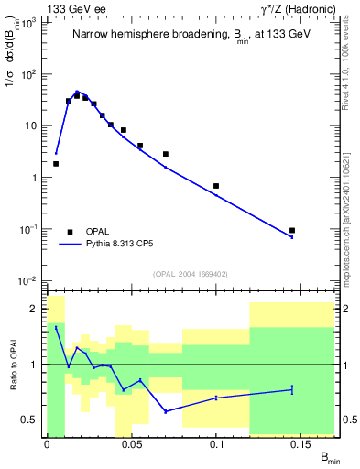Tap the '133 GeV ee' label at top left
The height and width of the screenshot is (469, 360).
[75, 8]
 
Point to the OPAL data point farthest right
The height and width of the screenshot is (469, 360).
[292, 231]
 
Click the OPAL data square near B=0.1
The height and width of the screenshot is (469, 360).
[216, 186]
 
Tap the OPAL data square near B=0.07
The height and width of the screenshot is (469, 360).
[166, 154]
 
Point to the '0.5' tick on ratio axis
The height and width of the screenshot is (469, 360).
[34, 420]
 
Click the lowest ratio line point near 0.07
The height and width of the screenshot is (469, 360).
[166, 411]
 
